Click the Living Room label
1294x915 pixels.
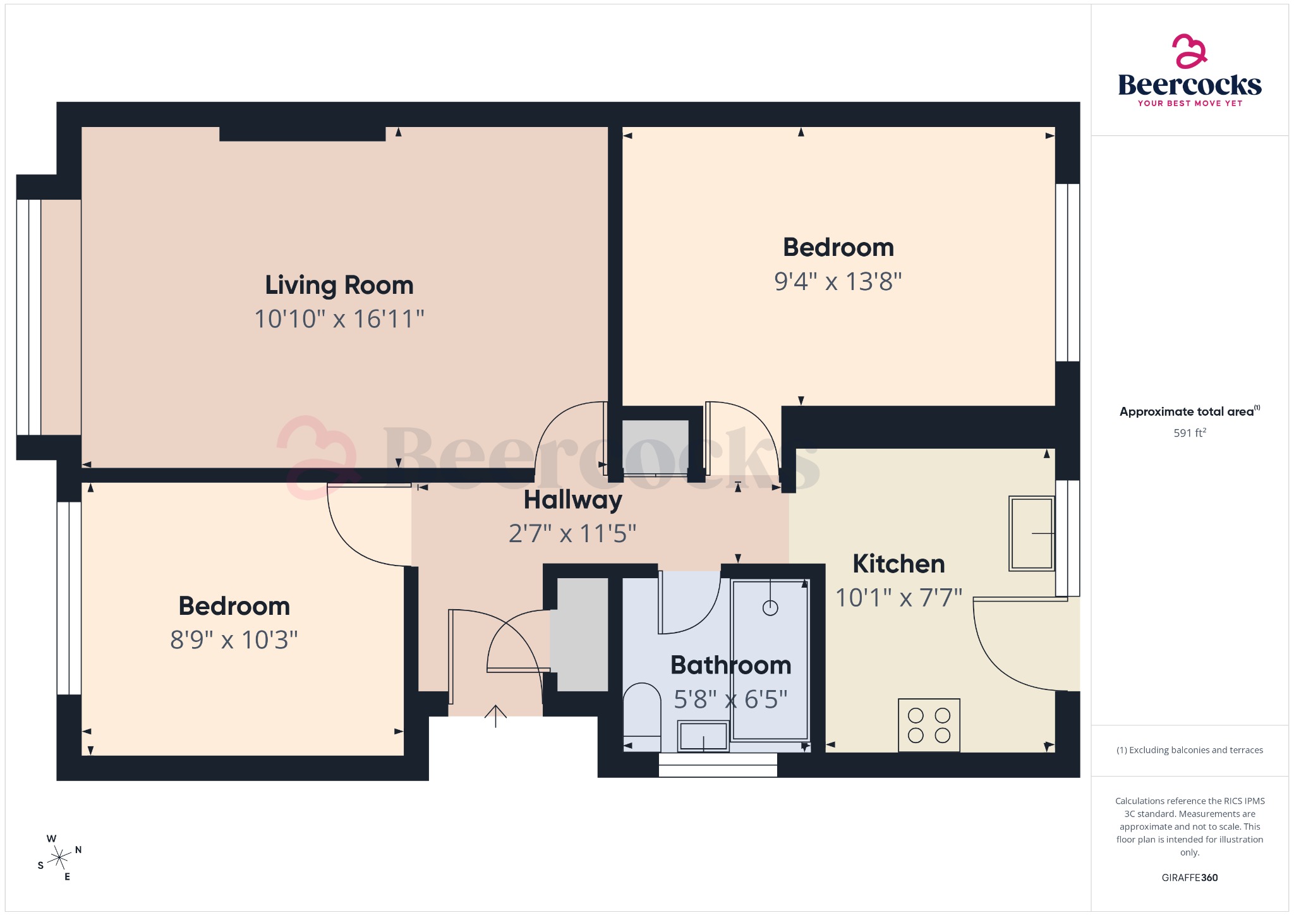click(339, 285)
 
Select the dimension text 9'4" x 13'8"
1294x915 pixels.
click(838, 281)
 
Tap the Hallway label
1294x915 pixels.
click(572, 500)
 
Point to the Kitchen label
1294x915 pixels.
click(898, 564)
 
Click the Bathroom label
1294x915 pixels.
click(730, 665)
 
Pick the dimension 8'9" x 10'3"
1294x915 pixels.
click(234, 640)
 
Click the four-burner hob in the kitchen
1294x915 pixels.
click(929, 725)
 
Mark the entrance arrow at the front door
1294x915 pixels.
click(495, 716)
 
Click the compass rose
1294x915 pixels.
click(59, 857)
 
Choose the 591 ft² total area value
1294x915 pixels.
click(1189, 433)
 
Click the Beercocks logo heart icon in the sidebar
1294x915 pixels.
click(1189, 51)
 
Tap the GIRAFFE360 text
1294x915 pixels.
click(1189, 877)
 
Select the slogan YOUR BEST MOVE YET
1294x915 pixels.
click(1189, 103)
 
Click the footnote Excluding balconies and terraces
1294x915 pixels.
click(1189, 750)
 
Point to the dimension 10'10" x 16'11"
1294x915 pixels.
click(339, 319)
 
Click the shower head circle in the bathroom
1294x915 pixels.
click(770, 608)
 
